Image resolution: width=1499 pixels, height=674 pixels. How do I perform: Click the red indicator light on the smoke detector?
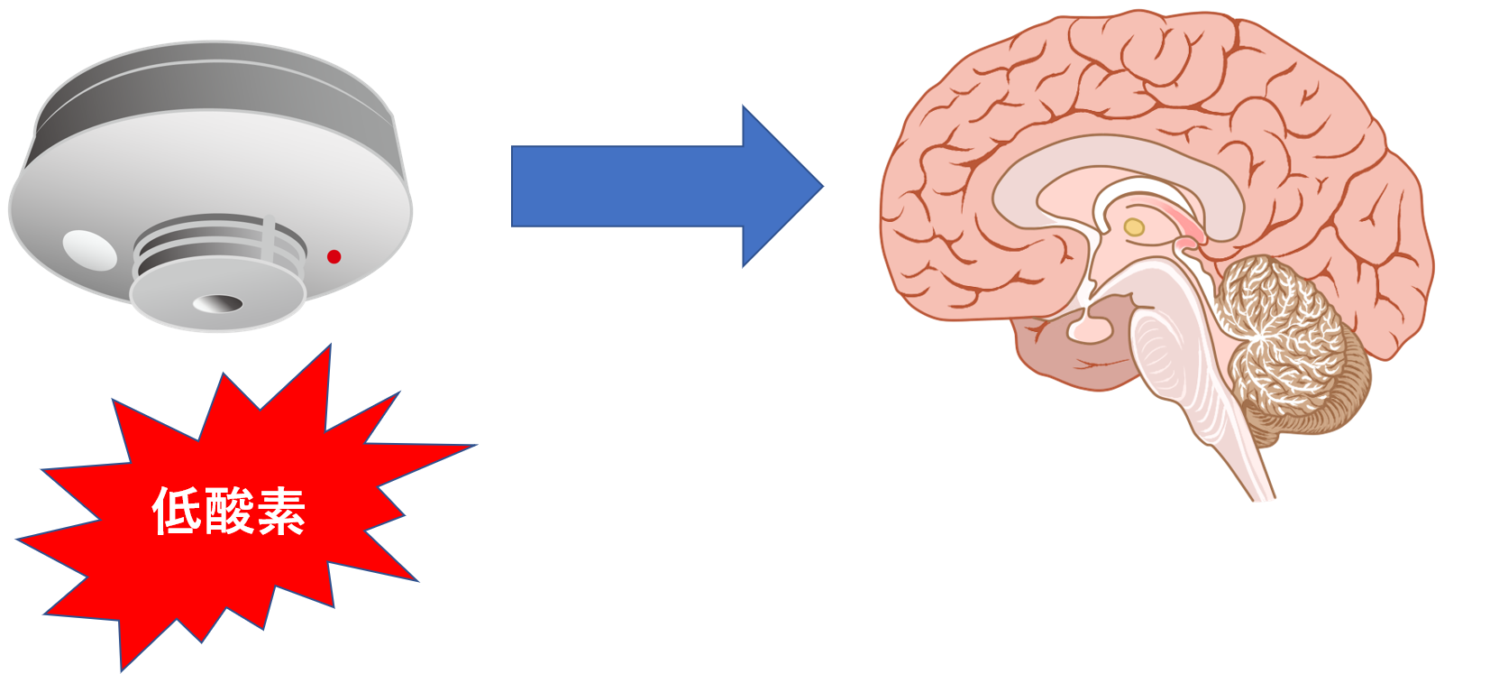click(334, 257)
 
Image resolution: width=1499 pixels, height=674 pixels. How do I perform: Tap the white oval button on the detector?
click(89, 250)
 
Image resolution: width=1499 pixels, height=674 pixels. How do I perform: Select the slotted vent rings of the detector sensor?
click(216, 248)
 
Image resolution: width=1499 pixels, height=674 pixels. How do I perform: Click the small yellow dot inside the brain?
click(1134, 227)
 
